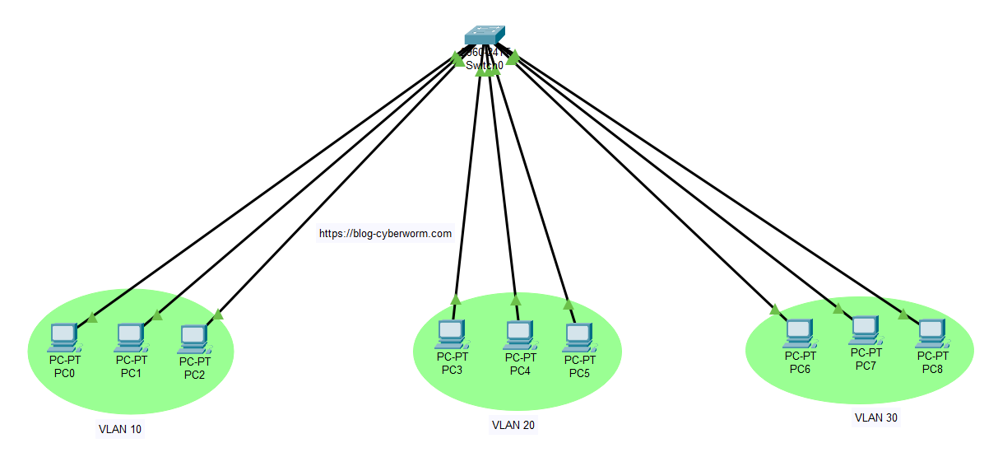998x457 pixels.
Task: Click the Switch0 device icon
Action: (484, 35)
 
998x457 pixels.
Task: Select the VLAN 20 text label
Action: (513, 426)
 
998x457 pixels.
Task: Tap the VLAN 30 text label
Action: (876, 417)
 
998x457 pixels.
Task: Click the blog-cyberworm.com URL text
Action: (385, 233)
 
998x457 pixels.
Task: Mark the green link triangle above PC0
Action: (92, 318)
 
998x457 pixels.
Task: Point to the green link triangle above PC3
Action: (456, 300)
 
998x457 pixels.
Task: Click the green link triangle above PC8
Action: (903, 314)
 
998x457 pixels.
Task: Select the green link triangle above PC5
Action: (569, 304)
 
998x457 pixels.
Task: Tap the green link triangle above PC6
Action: (774, 310)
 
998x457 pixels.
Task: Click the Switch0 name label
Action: (484, 65)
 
